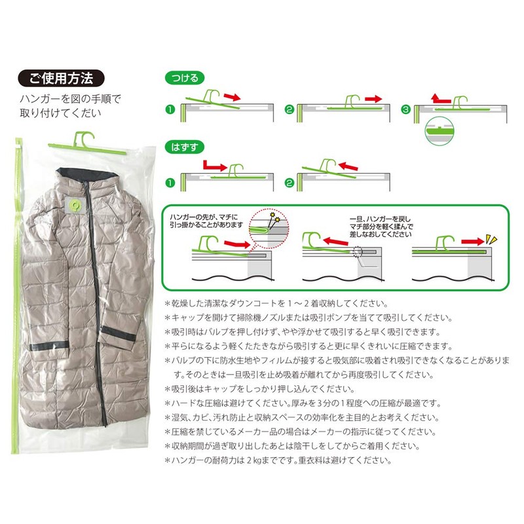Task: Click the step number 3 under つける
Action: coord(405,109)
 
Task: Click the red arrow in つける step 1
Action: coord(233,96)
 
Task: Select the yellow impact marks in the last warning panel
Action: coord(491,238)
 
